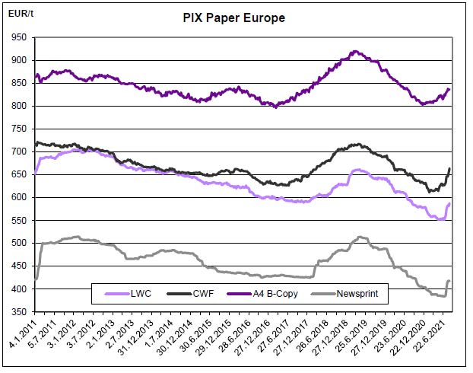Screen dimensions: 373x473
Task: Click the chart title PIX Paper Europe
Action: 234,17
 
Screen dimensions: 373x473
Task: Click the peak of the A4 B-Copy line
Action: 354,51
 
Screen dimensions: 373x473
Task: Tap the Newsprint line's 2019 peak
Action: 360,237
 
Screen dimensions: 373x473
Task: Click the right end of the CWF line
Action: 450,168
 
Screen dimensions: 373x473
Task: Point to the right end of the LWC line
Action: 450,203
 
